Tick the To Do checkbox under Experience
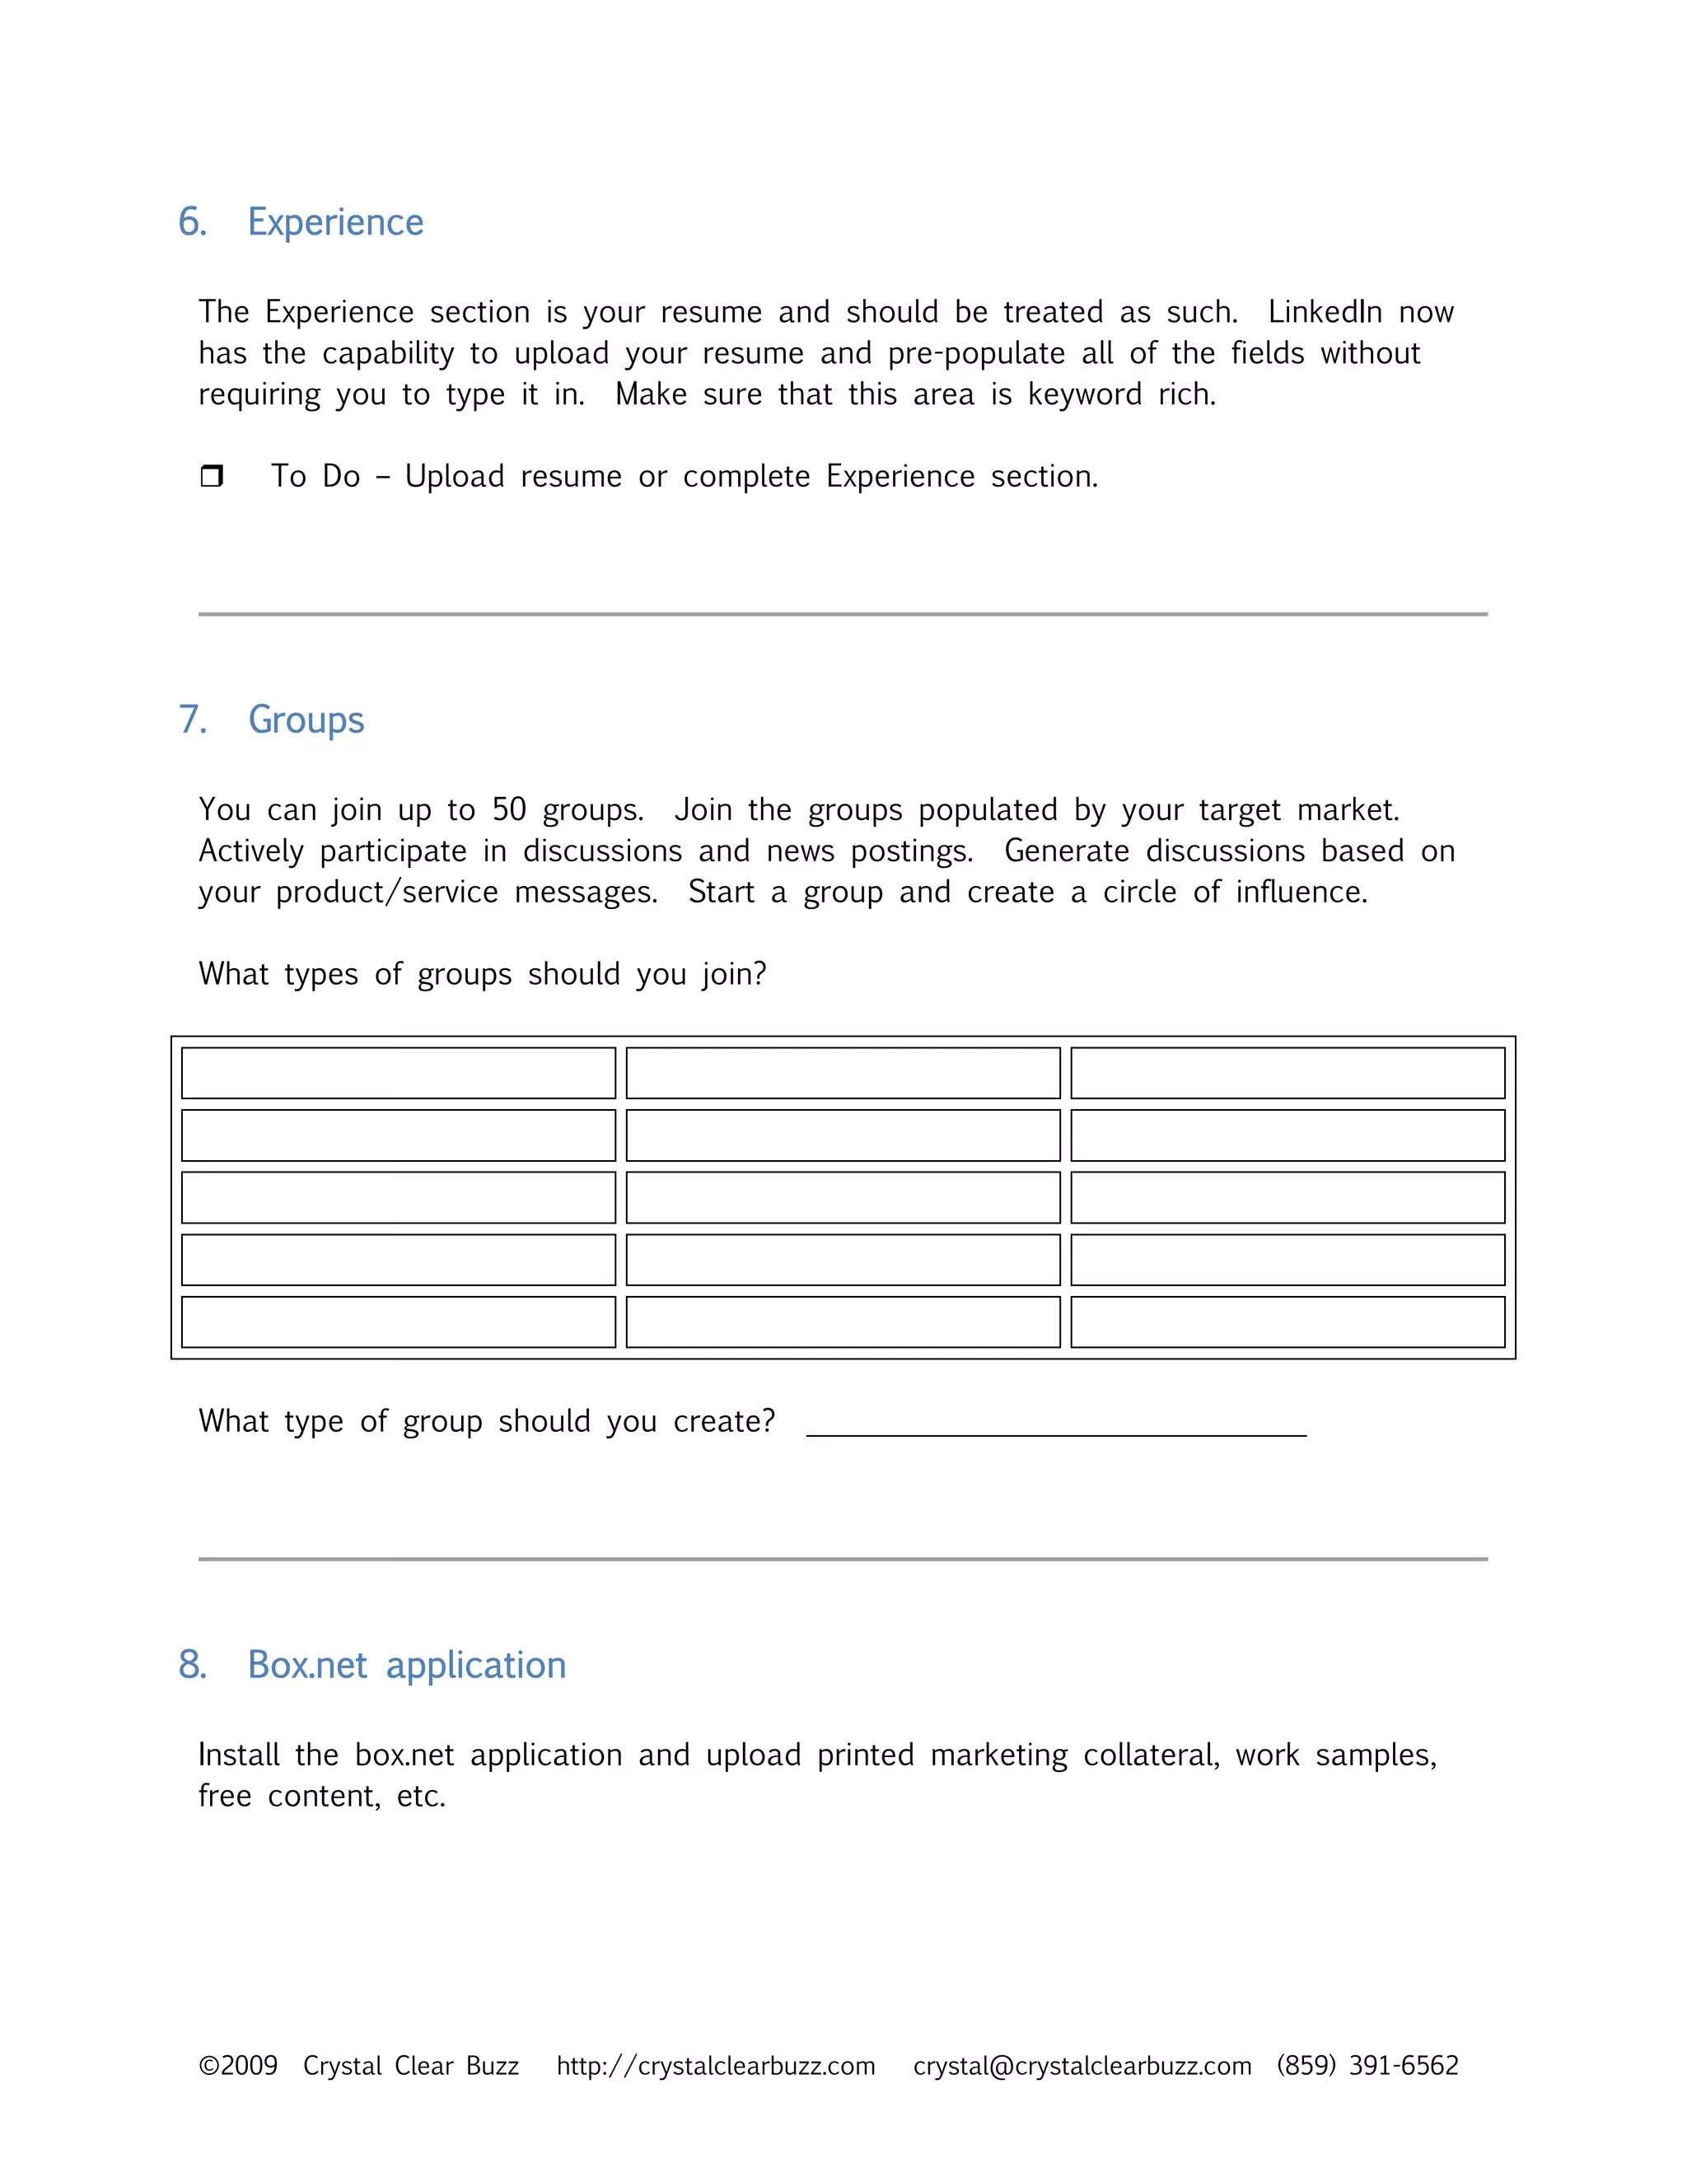pyautogui.click(x=212, y=476)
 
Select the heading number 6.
pyautogui.click(x=192, y=221)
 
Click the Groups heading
pyautogui.click(x=306, y=720)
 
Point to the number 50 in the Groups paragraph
pyautogui.click(x=509, y=809)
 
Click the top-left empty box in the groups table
pyautogui.click(x=398, y=1073)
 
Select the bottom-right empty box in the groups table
pyautogui.click(x=1287, y=1322)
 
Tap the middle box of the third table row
pyautogui.click(x=843, y=1198)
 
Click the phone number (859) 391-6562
pyautogui.click(x=1367, y=2065)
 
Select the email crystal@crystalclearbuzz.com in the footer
pyautogui.click(x=1082, y=2065)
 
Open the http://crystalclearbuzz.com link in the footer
pyautogui.click(x=716, y=2065)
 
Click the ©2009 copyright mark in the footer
pyautogui.click(x=238, y=2065)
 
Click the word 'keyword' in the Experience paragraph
pyautogui.click(x=1084, y=394)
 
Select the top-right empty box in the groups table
pyautogui.click(x=1287, y=1073)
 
